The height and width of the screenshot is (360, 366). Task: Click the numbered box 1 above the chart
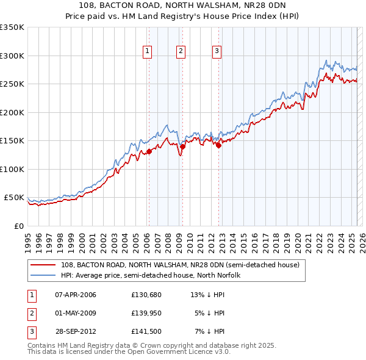tap(148, 52)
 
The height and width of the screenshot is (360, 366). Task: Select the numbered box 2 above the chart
tap(182, 52)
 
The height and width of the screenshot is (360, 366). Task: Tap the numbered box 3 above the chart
tap(217, 52)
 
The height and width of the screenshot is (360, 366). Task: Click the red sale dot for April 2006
tap(149, 152)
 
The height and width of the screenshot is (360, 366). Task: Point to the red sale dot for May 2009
tap(182, 146)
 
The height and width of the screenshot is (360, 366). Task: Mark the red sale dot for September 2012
tap(218, 145)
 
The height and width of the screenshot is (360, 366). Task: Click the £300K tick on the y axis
tap(12, 56)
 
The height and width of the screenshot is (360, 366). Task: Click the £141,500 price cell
tap(146, 331)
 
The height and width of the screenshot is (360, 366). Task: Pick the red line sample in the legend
tap(43, 265)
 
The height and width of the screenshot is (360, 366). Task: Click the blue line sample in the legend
tap(43, 275)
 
